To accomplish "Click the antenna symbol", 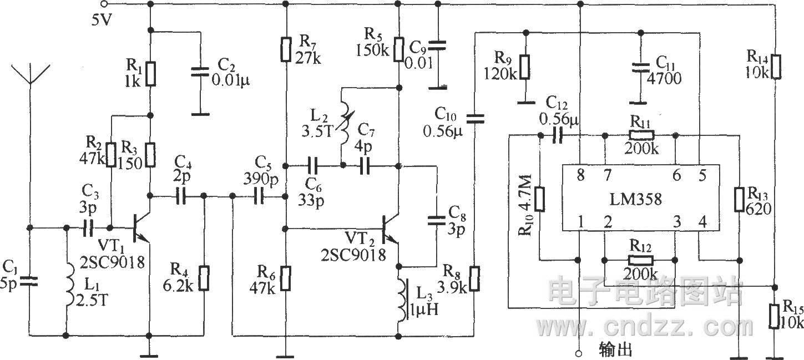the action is [31, 74].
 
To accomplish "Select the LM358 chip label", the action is [635, 199].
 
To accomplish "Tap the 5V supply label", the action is [102, 20].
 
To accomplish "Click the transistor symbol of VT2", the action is [390, 230].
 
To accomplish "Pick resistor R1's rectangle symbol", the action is [151, 74].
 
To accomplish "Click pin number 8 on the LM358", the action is [580, 175].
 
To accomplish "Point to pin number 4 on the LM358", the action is [702, 222].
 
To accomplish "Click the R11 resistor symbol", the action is [641, 135].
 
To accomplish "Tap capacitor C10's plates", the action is [475, 119].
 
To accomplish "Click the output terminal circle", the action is [578, 353].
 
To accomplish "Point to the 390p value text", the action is [261, 179].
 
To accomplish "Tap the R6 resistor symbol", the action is [285, 278].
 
